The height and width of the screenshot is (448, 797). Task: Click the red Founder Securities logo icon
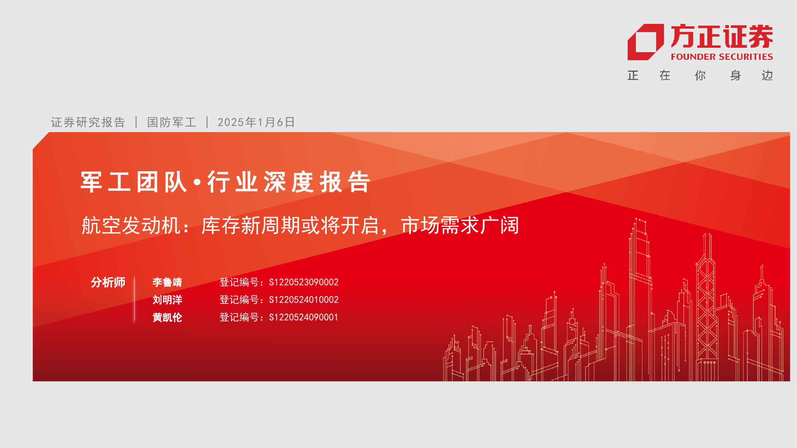[x=646, y=42]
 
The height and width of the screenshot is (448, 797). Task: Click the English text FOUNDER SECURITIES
[x=722, y=57]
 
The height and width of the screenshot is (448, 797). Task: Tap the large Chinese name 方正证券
[x=722, y=36]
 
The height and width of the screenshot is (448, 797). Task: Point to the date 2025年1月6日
[x=256, y=122]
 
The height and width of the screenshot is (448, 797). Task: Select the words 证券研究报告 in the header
[x=88, y=122]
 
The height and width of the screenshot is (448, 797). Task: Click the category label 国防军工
[x=172, y=122]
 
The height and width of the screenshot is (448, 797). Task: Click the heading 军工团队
[x=134, y=182]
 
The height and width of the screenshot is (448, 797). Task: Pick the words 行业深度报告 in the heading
[x=289, y=182]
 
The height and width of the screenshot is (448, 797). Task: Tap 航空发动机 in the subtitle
[x=131, y=225]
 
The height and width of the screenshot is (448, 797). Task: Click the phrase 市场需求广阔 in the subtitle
[x=460, y=225]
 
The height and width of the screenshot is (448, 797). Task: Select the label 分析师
[x=108, y=282]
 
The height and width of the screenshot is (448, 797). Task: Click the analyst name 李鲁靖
[x=167, y=282]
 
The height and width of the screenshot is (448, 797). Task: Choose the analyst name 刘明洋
[x=167, y=300]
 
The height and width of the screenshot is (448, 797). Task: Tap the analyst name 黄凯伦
[x=167, y=317]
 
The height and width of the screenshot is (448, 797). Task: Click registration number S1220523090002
[x=304, y=282]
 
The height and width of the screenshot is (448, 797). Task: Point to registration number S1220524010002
[x=304, y=300]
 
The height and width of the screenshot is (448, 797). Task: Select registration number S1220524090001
[x=303, y=317]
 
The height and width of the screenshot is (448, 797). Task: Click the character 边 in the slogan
[x=767, y=75]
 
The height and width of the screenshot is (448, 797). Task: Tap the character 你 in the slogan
[x=700, y=75]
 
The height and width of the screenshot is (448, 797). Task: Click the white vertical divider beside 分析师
[x=135, y=298]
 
